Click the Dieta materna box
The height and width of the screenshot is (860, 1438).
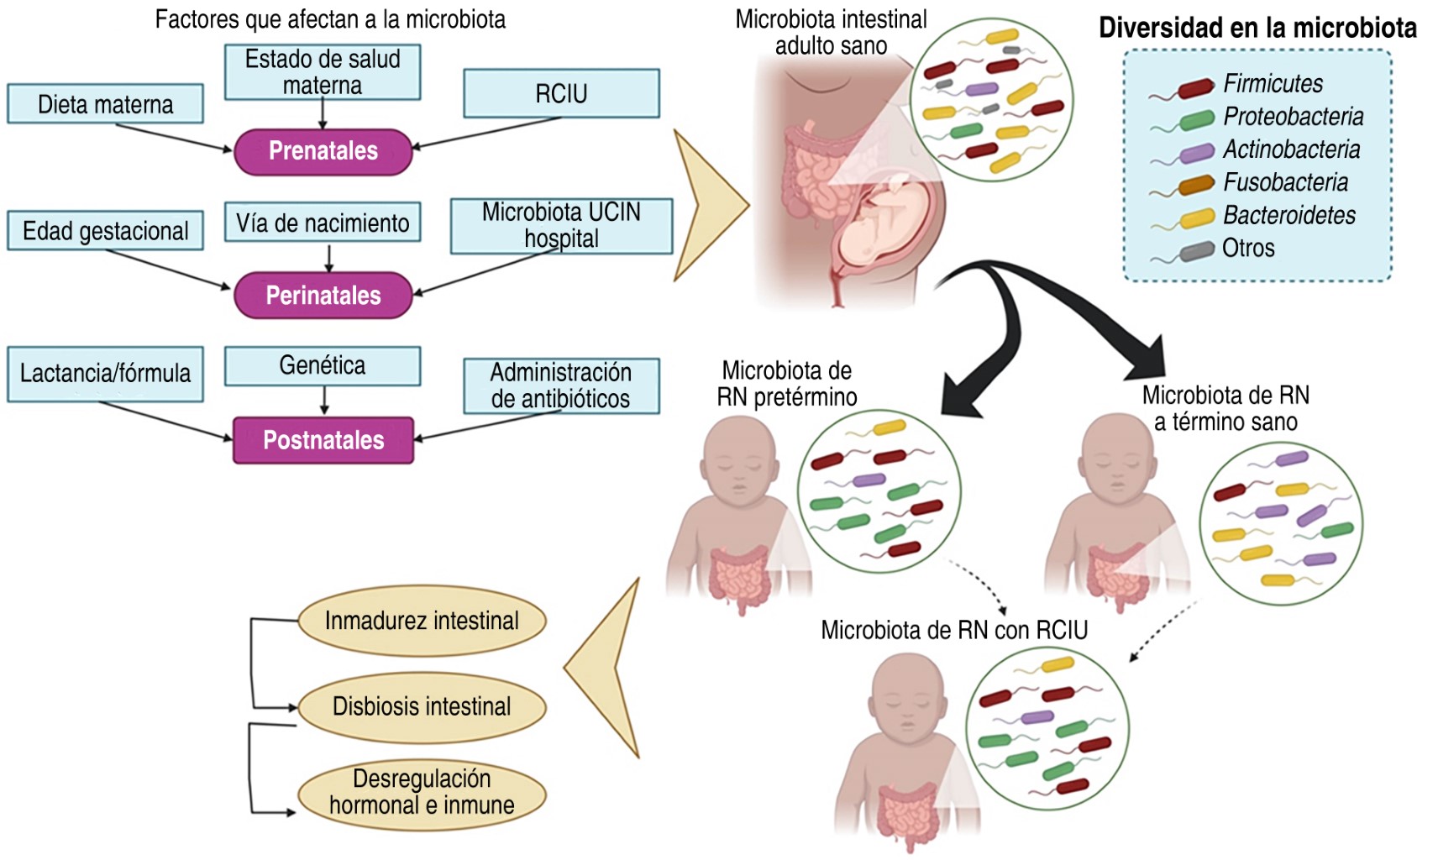tap(105, 104)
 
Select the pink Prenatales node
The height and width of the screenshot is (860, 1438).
tap(323, 151)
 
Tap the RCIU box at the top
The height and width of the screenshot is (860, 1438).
tap(561, 93)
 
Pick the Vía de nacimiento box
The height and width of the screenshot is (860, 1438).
tap(323, 223)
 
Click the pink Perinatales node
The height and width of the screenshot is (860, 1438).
tap(323, 295)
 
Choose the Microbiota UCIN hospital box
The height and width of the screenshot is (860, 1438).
tap(561, 225)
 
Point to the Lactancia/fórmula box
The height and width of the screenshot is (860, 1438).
tap(105, 373)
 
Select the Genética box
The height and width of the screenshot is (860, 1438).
tap(323, 365)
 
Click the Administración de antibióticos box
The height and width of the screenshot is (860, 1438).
tap(561, 385)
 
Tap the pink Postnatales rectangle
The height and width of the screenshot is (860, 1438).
tap(323, 440)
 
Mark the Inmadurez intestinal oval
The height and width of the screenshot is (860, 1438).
tap(422, 621)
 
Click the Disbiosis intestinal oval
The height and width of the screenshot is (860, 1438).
tap(422, 706)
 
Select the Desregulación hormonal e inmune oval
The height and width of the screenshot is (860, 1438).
tap(422, 792)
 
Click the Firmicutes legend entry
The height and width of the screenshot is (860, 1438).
tap(1272, 84)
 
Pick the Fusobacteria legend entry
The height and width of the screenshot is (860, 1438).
tap(1285, 182)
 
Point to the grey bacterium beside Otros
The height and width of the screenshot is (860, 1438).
tap(1196, 250)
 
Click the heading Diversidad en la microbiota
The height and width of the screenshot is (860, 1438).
tap(1257, 28)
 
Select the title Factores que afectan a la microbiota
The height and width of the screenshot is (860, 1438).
tap(330, 19)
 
